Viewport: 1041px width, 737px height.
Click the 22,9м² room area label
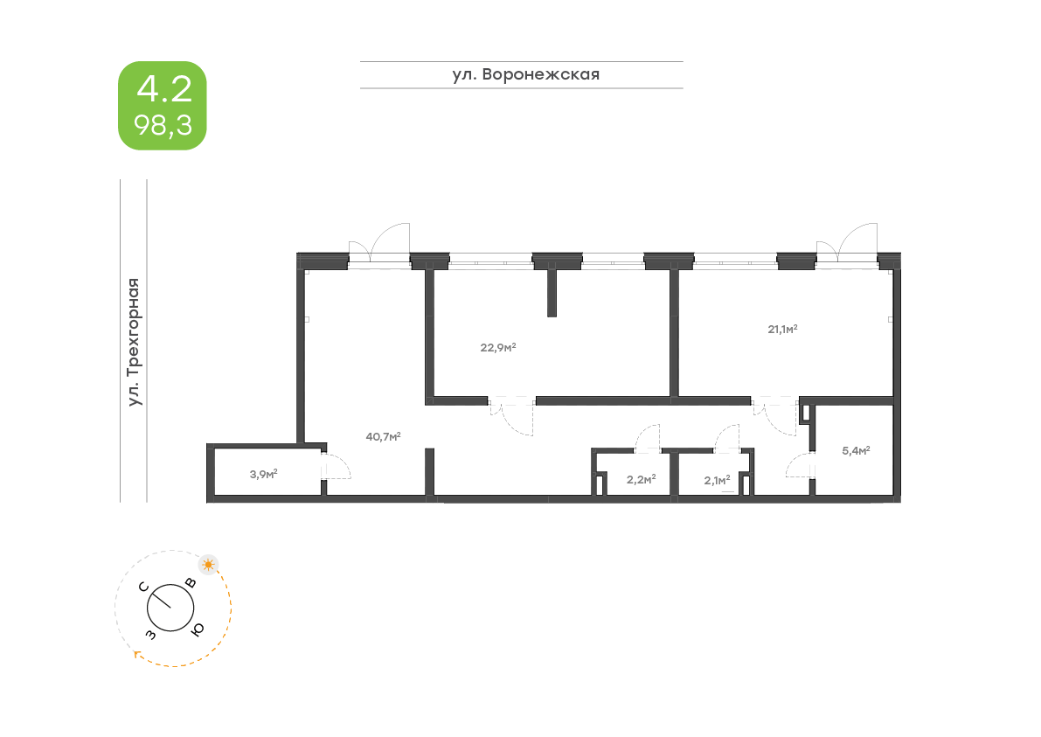[x=498, y=347]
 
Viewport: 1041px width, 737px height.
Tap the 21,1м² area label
[x=783, y=330]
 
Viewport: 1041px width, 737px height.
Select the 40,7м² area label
[x=384, y=436]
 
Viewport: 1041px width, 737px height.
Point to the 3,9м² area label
[x=263, y=475]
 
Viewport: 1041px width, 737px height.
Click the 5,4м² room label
[x=856, y=451]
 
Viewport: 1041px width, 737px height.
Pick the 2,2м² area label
[x=641, y=479]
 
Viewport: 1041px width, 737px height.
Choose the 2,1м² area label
[x=717, y=479]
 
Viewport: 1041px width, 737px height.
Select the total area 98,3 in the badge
[x=163, y=125]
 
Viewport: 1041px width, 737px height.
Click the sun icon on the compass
[x=208, y=564]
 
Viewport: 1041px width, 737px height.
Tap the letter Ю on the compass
[x=198, y=629]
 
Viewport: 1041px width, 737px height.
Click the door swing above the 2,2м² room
[x=648, y=438]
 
